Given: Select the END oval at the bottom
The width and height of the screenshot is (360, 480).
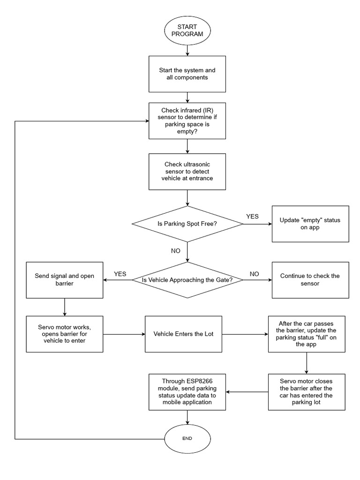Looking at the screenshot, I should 187,438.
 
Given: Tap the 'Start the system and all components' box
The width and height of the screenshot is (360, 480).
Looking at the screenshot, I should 187,74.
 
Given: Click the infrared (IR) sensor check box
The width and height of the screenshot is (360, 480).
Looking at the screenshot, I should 187,120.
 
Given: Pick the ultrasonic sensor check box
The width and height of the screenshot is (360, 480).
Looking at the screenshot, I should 187,172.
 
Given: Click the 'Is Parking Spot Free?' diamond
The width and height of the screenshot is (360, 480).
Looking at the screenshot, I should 187,224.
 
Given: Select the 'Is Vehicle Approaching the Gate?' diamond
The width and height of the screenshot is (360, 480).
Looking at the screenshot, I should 187,280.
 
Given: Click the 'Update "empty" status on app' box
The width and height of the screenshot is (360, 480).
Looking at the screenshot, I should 310,224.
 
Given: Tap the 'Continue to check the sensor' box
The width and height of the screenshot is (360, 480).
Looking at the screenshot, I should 310,280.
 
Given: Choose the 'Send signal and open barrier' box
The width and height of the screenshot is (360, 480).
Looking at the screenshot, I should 64,280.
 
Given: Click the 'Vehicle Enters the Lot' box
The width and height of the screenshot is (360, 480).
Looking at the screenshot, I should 183,334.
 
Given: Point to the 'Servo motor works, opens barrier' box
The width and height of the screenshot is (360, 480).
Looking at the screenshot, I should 64,334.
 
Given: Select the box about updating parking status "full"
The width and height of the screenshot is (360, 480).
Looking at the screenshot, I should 307,334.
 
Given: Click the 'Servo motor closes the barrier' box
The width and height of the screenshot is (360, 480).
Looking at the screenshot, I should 307,392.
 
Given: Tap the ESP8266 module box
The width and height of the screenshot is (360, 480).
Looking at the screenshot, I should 187,392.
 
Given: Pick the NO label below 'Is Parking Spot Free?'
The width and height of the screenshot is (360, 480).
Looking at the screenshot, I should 175,251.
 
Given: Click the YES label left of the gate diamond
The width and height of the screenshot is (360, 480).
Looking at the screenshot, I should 120,274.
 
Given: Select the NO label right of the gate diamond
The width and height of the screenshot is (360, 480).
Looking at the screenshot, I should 255,274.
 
